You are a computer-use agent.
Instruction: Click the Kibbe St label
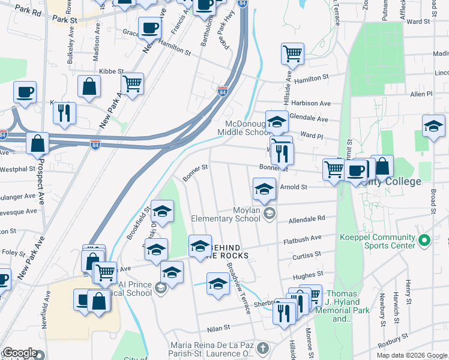point(110,71)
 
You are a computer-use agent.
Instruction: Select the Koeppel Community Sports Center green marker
point(424,241)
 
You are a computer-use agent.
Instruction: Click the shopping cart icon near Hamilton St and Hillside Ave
point(292,54)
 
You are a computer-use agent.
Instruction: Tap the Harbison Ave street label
point(311,103)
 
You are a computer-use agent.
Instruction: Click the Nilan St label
point(219,328)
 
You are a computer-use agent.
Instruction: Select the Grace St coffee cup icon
point(149,28)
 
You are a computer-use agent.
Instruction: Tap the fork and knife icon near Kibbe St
point(64,112)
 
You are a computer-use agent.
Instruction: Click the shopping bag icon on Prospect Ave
point(37,143)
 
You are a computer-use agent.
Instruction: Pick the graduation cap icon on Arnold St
point(264,189)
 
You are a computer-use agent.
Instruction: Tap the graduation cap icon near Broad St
point(433,126)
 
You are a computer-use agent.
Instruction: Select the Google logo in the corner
point(20,353)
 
